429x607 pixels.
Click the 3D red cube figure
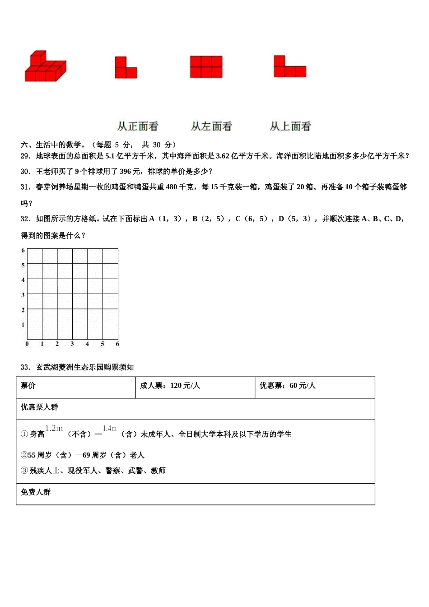pos(45,67)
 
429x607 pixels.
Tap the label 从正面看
pos(138,126)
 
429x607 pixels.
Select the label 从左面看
pos(211,126)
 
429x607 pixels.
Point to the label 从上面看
pos(290,126)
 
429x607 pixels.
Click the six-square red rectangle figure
pos(206,67)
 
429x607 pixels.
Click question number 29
pos(25,156)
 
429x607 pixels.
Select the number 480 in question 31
pos(172,187)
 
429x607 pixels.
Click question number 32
pos(25,219)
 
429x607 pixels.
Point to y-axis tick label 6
pos(23,250)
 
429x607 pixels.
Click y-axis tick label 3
pos(23,295)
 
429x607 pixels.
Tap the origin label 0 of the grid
pos(27,344)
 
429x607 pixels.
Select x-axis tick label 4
pos(87,344)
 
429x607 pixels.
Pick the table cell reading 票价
pos(28,386)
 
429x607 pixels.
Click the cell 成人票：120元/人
pos(170,386)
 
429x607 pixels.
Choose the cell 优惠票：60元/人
pos(288,386)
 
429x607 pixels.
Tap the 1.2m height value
pos(54,429)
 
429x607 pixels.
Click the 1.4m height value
pos(109,429)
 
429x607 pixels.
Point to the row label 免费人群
pos(36,492)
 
